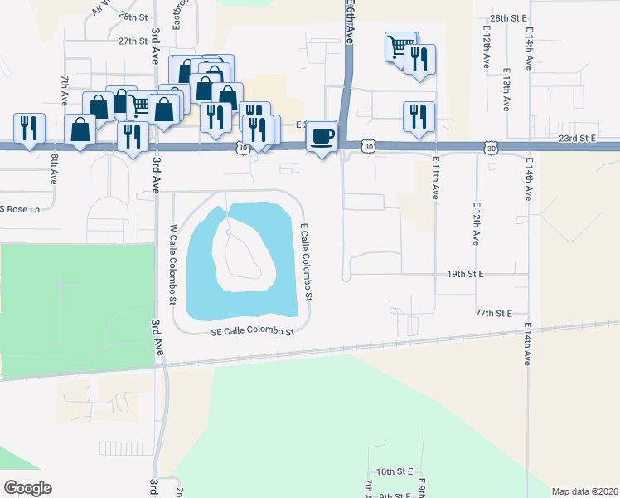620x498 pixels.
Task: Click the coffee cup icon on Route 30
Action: [323, 135]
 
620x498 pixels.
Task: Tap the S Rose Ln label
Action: [20, 208]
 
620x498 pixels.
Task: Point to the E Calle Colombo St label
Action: [306, 261]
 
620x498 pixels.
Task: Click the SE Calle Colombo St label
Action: [253, 332]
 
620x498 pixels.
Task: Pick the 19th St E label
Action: [465, 273]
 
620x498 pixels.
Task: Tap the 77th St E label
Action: [495, 313]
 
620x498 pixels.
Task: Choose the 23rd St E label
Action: [578, 139]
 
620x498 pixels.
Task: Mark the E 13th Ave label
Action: [505, 90]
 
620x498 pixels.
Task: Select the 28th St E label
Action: [509, 17]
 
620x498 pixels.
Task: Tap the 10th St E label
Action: [395, 471]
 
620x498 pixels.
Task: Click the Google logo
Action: [27, 488]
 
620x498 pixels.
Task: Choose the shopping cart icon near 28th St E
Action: [400, 46]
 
